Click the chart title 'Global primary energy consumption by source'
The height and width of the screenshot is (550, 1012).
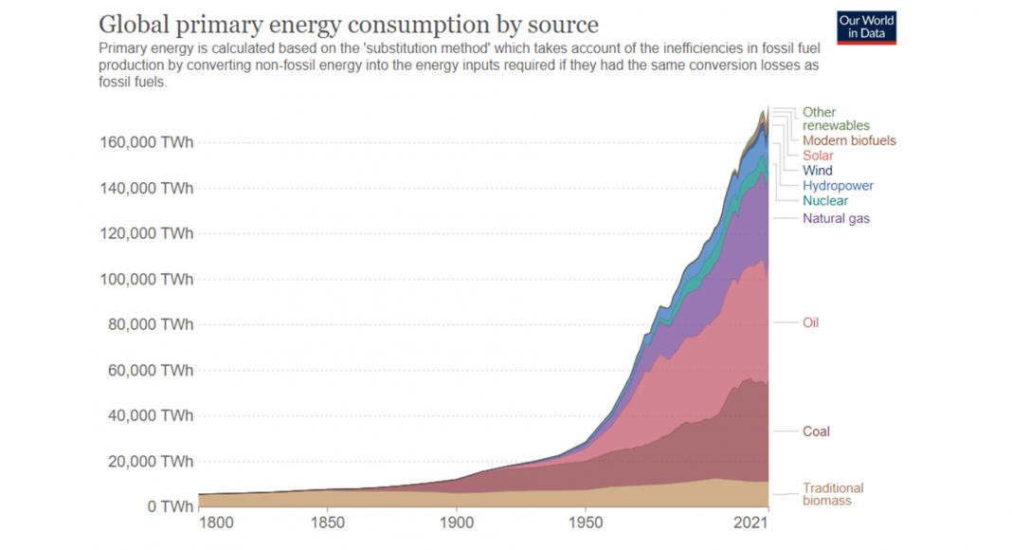click(349, 24)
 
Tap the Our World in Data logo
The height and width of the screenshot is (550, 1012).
click(866, 27)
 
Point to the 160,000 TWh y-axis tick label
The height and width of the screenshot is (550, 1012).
click(146, 143)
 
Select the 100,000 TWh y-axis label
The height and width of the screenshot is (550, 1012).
click(146, 280)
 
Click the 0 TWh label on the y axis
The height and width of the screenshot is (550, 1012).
click(170, 507)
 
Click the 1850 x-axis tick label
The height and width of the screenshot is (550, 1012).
click(327, 523)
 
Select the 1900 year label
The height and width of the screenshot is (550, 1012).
click(456, 523)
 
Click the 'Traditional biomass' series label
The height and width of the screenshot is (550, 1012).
click(833, 494)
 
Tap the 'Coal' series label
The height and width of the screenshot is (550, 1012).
click(816, 431)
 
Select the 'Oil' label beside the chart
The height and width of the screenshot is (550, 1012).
click(810, 322)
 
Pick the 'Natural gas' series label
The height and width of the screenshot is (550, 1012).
click(836, 218)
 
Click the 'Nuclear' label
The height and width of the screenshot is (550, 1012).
click(825, 201)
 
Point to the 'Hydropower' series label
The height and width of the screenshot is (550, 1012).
click(838, 186)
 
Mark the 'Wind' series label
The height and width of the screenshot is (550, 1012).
click(818, 171)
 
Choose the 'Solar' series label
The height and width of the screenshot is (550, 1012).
click(818, 156)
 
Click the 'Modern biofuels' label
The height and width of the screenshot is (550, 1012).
click(849, 140)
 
